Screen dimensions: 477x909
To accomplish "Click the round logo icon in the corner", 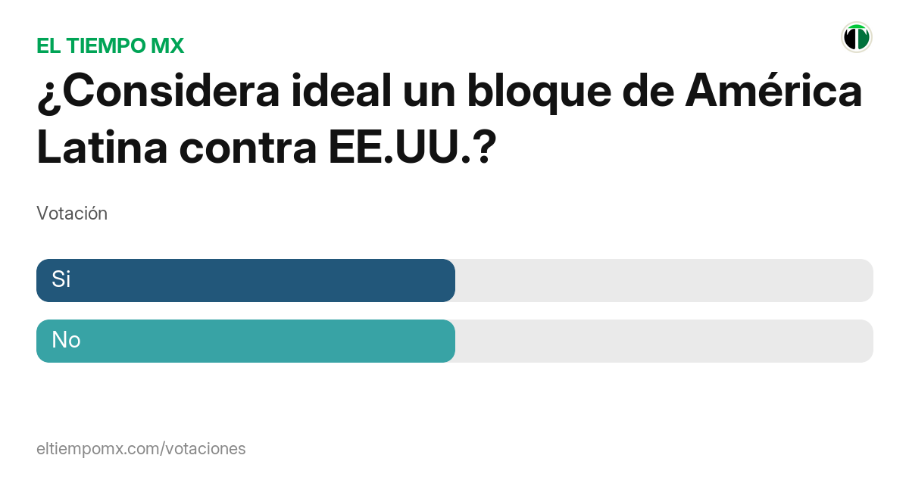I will coord(857,37).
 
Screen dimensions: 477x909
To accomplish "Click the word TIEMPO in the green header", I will coord(107,46).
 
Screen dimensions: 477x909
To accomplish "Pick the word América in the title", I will coord(773,92).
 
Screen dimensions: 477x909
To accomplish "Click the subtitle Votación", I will coord(72,214).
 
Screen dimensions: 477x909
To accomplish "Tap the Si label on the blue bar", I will coord(61,279).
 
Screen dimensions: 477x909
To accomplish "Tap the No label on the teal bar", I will coord(66,341).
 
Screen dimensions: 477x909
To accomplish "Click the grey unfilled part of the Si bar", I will coord(664,280).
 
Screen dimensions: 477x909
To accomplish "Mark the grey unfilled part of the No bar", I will coord(664,341).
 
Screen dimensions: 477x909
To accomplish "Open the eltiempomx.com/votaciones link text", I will coord(141,448).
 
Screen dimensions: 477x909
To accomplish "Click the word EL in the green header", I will coord(48,46).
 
